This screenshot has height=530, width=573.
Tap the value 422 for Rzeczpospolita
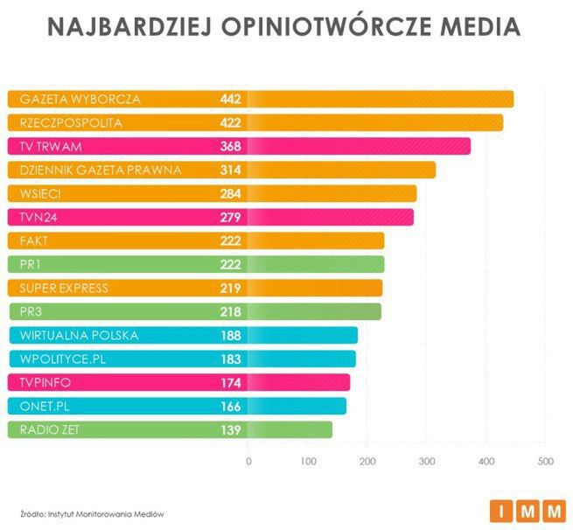[x=230, y=122]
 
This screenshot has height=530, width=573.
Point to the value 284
[x=230, y=193]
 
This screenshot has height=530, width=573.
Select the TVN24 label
[x=38, y=217]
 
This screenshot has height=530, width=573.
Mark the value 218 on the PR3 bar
[x=230, y=311]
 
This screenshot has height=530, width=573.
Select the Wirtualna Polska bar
[x=297, y=335]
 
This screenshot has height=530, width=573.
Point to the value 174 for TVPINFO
[x=230, y=382]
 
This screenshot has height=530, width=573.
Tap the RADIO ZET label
[x=49, y=429]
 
